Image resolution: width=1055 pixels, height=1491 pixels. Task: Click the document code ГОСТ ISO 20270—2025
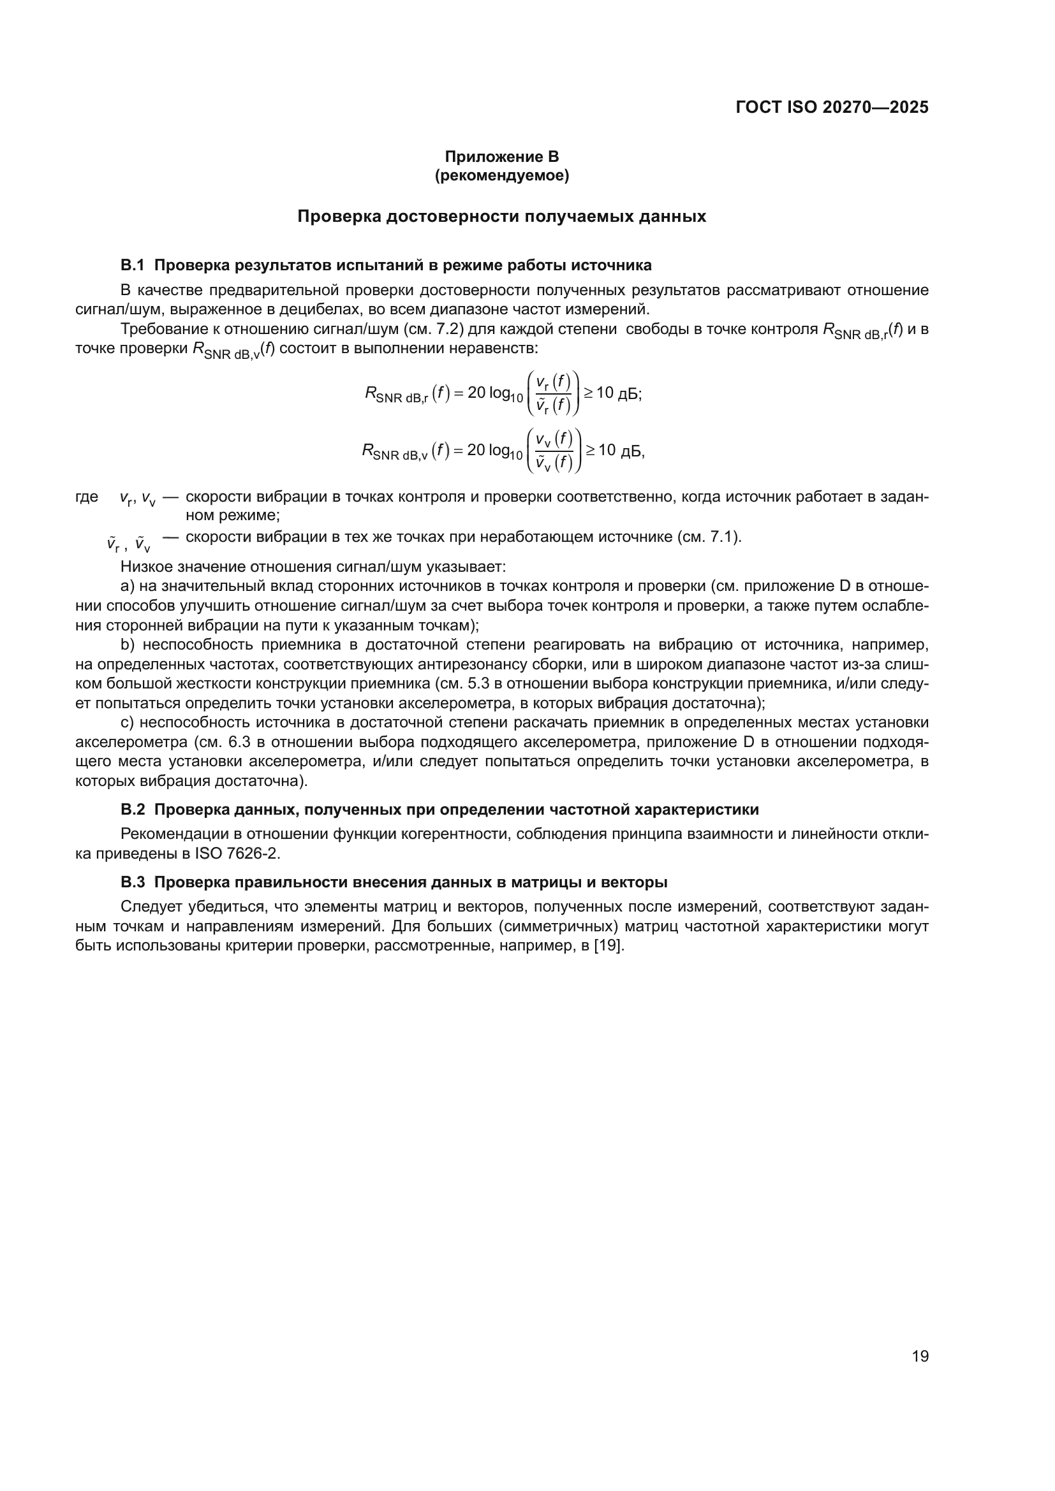click(x=832, y=108)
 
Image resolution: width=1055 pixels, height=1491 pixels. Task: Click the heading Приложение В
click(x=501, y=157)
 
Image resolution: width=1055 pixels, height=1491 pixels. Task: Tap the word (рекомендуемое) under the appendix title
click(x=501, y=175)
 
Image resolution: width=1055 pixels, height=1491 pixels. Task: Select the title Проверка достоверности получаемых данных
click(x=501, y=217)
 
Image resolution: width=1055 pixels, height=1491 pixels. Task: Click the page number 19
click(x=920, y=1356)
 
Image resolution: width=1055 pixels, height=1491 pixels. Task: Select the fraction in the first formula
click(x=553, y=393)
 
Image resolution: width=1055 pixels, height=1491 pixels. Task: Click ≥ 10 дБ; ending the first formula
click(x=612, y=393)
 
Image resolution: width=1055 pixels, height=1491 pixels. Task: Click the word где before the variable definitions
click(x=87, y=497)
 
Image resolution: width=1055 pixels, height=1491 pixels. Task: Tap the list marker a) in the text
click(x=128, y=586)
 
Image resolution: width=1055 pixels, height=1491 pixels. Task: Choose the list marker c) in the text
click(x=128, y=723)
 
